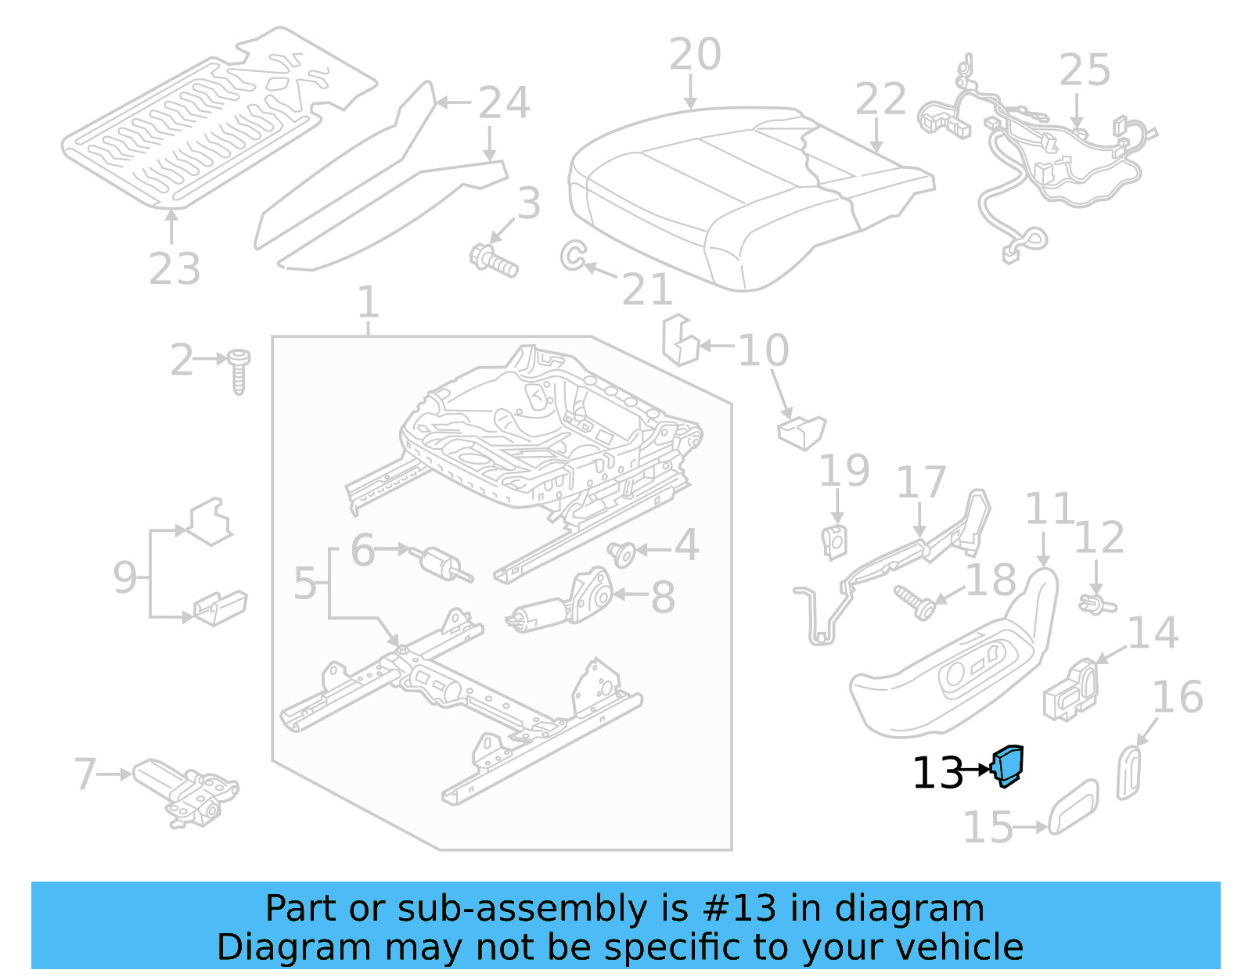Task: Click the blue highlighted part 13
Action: [x=1008, y=766]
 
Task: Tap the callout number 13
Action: [x=937, y=773]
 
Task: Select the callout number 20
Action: [x=695, y=55]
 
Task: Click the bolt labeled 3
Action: [x=493, y=260]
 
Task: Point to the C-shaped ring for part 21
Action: [x=572, y=255]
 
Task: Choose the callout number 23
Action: [x=174, y=268]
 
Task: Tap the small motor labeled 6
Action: [x=442, y=563]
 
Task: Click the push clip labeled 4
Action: [x=622, y=554]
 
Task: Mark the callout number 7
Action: [x=85, y=774]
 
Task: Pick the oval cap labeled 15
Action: [x=1073, y=807]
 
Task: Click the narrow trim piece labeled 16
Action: [x=1129, y=772]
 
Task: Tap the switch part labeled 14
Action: [x=1070, y=689]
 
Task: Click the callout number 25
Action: [x=1085, y=70]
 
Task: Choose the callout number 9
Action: [x=125, y=577]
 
